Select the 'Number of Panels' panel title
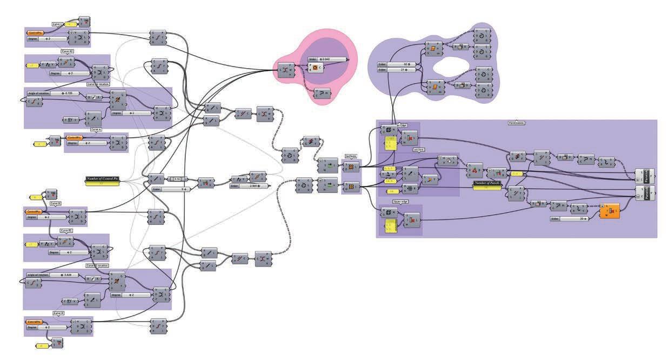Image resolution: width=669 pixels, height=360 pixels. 487,183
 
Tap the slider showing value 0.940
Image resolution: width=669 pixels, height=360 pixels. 327,58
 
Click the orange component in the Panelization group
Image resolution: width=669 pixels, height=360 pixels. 609,211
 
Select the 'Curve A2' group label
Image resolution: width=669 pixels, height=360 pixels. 68,50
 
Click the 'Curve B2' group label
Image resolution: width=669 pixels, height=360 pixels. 67,230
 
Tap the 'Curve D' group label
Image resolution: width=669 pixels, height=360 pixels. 58,313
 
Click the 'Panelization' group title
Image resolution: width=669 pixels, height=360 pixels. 517,123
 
